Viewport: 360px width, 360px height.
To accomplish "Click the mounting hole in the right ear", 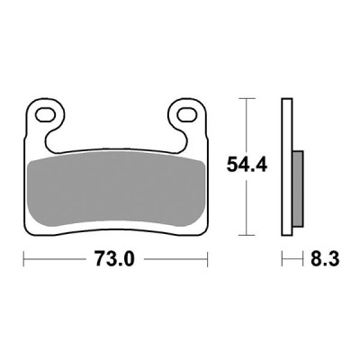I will pyautogui.click(x=187, y=115).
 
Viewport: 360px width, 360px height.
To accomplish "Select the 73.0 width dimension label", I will pyautogui.click(x=114, y=260).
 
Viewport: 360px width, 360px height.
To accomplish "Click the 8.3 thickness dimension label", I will pyautogui.click(x=319, y=260).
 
